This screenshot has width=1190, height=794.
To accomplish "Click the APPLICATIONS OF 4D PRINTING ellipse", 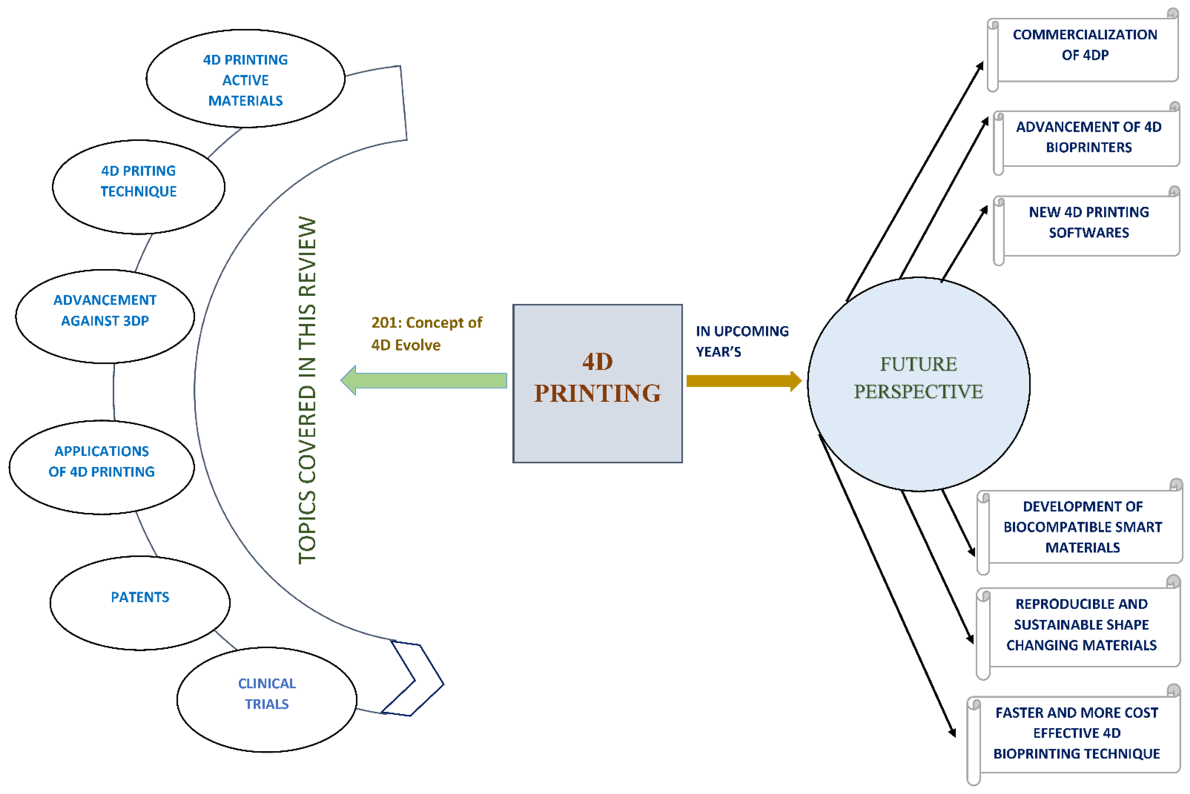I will (x=102, y=467).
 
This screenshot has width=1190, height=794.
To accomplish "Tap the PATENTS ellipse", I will (x=140, y=602).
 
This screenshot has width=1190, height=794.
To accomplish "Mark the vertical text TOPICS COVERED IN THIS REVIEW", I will (x=307, y=390).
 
